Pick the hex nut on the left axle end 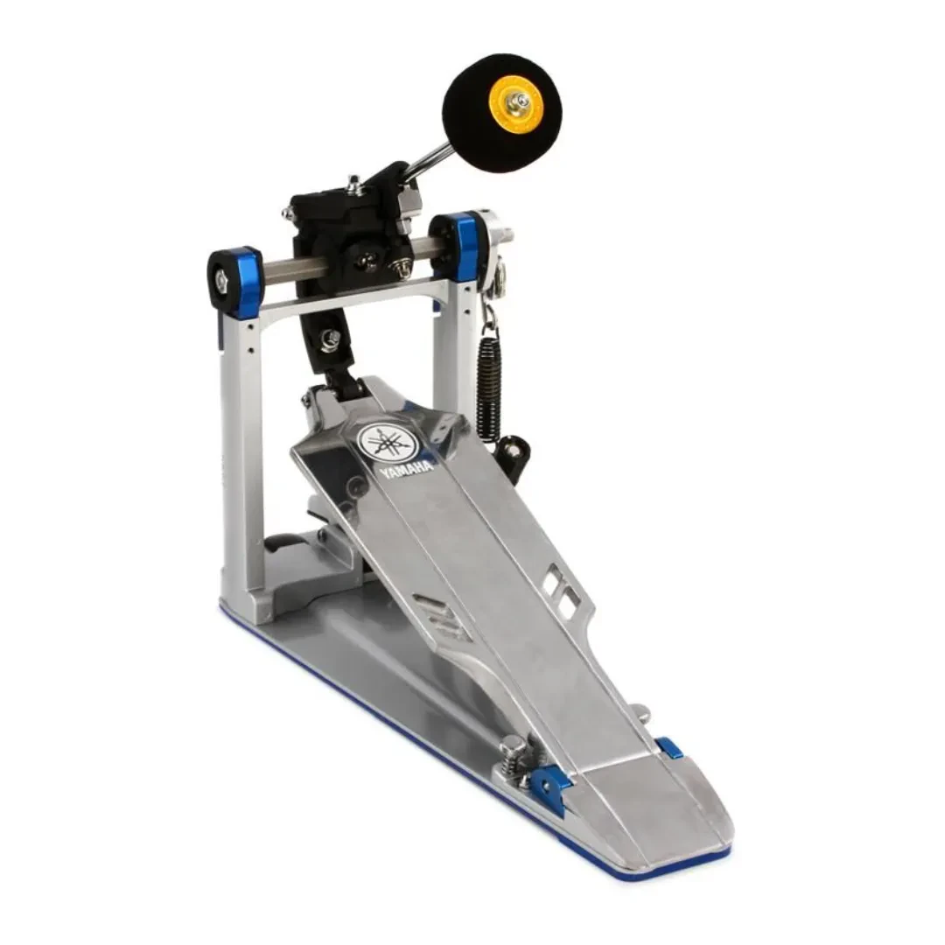pyautogui.click(x=217, y=283)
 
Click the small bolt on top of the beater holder pyautogui.click(x=354, y=183)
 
